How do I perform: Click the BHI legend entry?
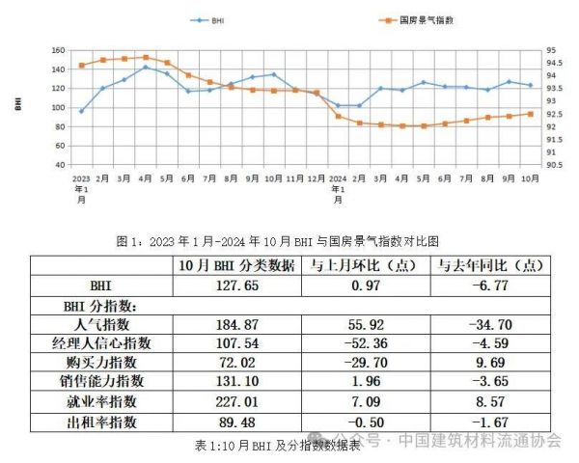click(x=216, y=19)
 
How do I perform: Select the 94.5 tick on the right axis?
click(x=552, y=63)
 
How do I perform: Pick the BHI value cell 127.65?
click(x=227, y=286)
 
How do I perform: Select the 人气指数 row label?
click(x=106, y=323)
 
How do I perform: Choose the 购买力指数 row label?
click(x=106, y=362)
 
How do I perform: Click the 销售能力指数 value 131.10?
click(x=227, y=382)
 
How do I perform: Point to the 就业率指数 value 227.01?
click(x=227, y=401)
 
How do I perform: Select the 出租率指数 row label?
click(x=106, y=422)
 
